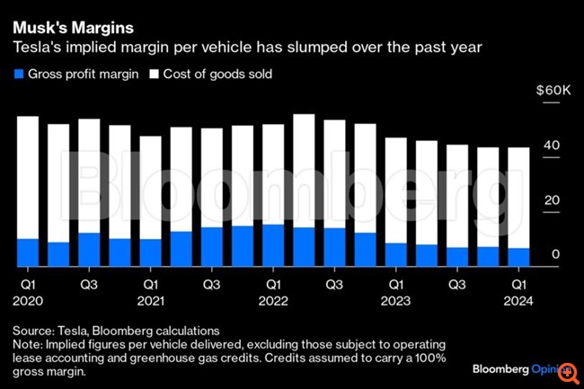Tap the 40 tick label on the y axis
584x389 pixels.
[x=553, y=146]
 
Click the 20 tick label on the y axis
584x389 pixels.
[x=553, y=200]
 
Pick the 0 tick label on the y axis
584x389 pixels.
[x=556, y=255]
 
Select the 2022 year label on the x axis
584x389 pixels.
[x=273, y=301]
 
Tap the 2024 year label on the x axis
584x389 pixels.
[x=518, y=301]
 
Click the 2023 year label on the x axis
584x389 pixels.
[x=396, y=301]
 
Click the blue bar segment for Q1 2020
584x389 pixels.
[x=28, y=252]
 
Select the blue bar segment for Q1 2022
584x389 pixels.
[x=273, y=245]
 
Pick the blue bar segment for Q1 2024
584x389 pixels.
[x=518, y=257]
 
